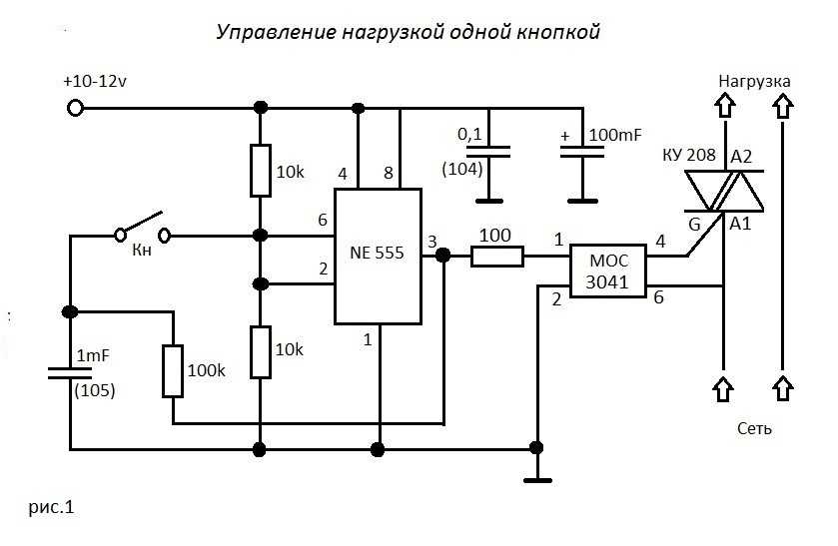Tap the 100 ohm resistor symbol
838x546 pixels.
coord(497,257)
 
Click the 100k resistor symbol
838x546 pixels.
coord(173,371)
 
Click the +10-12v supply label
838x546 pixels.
coord(95,82)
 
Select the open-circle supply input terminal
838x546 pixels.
coord(75,109)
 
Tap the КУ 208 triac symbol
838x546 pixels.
coord(725,192)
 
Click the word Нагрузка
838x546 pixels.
coord(754,81)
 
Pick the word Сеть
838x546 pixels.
coord(754,428)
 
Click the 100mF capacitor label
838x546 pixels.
coord(614,135)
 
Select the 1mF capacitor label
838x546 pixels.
coord(93,355)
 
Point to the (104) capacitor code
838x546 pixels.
coord(462,169)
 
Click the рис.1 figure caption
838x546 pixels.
coord(51,506)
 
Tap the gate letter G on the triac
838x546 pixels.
coord(694,224)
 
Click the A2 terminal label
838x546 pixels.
coord(741,157)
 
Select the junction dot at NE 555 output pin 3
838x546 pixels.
coord(443,256)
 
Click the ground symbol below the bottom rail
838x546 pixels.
coord(537,480)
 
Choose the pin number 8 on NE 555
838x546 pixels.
coord(389,173)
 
